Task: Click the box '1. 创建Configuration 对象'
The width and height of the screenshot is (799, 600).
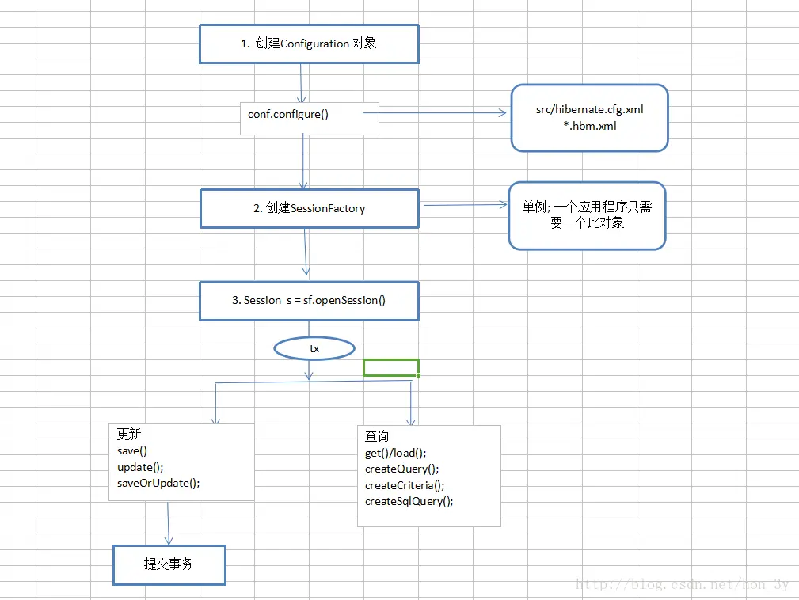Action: point(308,44)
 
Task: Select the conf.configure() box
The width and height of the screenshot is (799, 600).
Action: point(310,118)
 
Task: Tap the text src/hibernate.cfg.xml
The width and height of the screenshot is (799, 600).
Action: point(589,109)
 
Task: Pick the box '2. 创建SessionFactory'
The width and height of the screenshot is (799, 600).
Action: point(309,208)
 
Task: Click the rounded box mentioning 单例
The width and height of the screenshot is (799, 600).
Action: point(587,215)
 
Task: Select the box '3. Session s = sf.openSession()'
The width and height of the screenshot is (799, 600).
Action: point(308,300)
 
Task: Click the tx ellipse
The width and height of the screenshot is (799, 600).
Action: point(314,348)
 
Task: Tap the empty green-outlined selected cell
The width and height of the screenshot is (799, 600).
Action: point(390,367)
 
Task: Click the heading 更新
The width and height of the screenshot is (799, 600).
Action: point(129,435)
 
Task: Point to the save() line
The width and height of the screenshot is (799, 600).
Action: point(132,450)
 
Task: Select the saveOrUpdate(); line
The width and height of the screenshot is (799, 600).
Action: point(158,483)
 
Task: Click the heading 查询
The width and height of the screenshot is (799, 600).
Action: point(377,436)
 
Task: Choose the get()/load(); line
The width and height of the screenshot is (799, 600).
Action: point(396,453)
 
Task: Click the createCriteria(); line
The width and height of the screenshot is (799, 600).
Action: point(405,485)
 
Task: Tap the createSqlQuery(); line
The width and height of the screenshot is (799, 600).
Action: point(409,501)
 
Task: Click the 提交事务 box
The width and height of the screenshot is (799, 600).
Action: point(169,564)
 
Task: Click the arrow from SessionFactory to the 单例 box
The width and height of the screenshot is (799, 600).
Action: point(464,205)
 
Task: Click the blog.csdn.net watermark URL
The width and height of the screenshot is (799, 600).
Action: point(682,585)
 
